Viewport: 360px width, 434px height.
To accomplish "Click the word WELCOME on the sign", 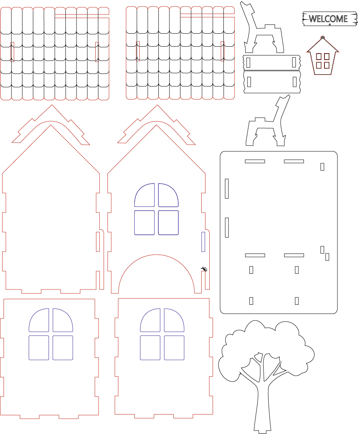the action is tap(328, 18).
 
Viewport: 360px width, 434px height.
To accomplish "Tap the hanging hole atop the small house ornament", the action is tap(323, 37).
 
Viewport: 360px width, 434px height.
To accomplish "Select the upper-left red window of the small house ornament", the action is tap(319, 57).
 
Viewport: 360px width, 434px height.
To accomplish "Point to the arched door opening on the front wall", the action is tap(156, 255).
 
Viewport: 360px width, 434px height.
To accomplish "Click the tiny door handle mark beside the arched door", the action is tap(204, 268).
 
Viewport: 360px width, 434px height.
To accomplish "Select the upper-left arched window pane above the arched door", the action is tap(145, 195).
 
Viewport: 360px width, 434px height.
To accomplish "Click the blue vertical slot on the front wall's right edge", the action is tap(203, 242).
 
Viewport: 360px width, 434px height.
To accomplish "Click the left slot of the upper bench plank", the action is tap(248, 62).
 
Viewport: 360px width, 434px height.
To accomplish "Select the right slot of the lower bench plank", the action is tap(295, 82).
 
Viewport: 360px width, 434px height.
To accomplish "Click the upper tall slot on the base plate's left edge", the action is tap(227, 189).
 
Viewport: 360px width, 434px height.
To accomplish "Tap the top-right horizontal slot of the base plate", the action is tap(294, 161).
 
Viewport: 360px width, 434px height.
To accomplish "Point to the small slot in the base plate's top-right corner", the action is tap(323, 167).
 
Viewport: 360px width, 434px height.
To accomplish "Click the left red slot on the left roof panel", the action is tap(12, 52).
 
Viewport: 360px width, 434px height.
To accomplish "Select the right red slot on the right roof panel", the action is tap(222, 51).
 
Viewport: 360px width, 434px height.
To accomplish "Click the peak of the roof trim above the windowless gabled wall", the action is tap(52, 105).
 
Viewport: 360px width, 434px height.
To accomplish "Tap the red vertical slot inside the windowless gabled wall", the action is tap(98, 242).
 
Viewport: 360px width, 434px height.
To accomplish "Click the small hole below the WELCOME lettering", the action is tap(329, 24).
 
